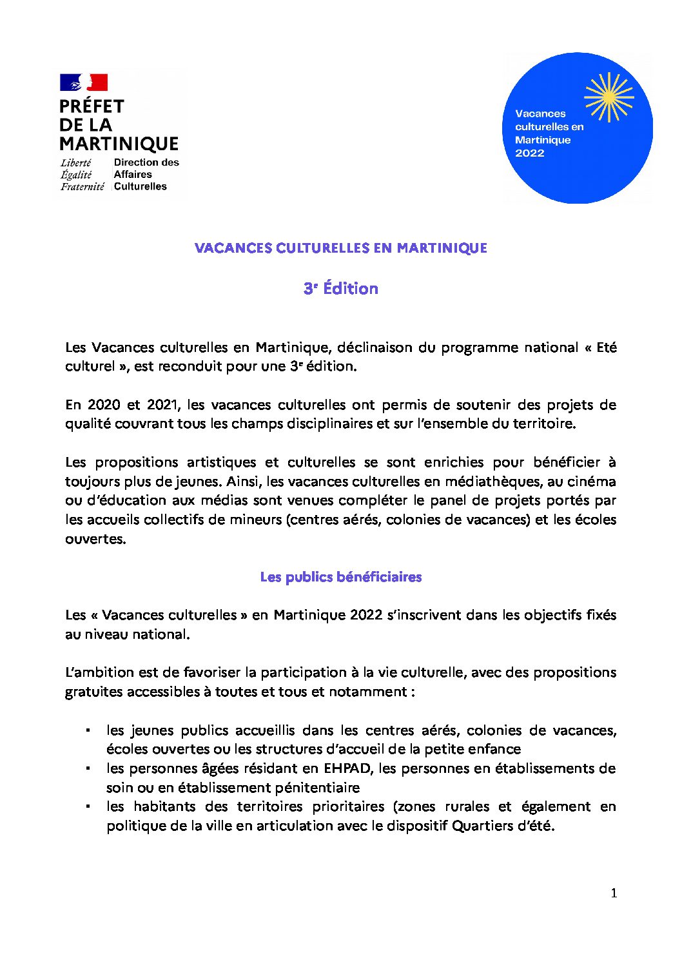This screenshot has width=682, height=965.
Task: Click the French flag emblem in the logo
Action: pos(84,83)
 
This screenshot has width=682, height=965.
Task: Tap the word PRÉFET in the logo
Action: pos(92,106)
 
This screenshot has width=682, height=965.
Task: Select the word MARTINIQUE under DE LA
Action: pos(119,143)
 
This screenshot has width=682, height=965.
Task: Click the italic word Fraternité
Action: pos(83,187)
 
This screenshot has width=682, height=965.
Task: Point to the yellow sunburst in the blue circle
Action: pos(609,97)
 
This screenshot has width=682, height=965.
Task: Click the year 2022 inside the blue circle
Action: pos(530,153)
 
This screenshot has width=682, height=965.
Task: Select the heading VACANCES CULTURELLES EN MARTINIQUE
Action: pos(340,248)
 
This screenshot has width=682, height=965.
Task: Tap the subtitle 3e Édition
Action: pos(340,289)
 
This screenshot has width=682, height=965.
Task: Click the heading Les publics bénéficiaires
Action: pos(340,577)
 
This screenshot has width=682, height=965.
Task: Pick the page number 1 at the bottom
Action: pos(614,893)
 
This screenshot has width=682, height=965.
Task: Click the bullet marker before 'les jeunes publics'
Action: pos(88,731)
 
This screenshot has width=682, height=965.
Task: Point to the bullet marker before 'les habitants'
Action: pos(88,807)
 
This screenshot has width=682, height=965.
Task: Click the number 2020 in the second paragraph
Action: pos(104,405)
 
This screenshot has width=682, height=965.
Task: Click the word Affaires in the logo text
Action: pos(133,175)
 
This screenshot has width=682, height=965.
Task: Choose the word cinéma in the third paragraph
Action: pos(593,482)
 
